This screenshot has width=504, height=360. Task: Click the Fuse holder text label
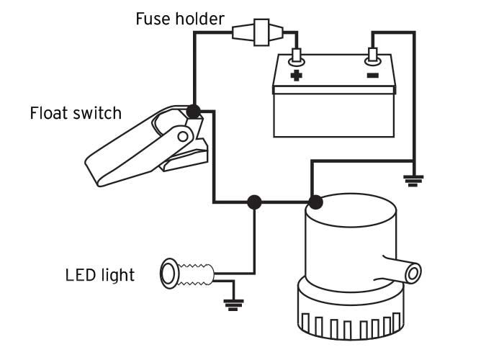180,19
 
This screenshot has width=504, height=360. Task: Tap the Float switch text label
76,113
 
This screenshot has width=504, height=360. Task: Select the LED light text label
99,275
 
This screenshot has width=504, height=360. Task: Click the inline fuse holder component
258,32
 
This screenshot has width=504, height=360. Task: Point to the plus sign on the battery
296,76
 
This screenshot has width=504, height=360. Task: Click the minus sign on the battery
372,76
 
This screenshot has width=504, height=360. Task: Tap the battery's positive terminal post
296,56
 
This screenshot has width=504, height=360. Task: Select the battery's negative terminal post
372,56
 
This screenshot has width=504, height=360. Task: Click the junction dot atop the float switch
194,112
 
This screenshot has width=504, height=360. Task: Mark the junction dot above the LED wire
254,202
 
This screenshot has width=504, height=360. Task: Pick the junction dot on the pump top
315,202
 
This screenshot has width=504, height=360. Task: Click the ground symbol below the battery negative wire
413,181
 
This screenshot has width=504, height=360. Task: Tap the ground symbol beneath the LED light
234,305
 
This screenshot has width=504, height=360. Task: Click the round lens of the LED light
168,274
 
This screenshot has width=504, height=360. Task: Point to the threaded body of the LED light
195,274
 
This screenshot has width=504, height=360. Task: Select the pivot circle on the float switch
183,137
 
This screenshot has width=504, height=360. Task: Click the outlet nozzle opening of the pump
413,273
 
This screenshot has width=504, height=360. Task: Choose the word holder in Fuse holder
199,19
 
